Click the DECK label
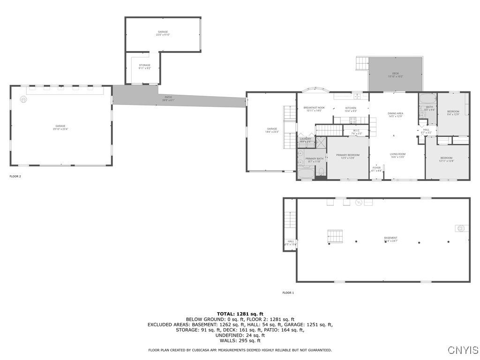coord(395,74)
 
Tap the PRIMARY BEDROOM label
coord(347,155)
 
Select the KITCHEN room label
coord(351,108)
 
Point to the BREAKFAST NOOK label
coord(314,107)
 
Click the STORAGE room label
coord(144,65)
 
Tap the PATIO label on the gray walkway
coord(168,97)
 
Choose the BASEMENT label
coord(390,238)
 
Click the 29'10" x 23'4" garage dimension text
coord(60,129)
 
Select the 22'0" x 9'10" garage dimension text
coord(163,35)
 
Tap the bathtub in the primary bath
coord(306,174)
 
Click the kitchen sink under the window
coord(357,97)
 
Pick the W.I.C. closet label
coord(357,130)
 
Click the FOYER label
coord(376,167)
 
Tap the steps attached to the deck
coord(362,63)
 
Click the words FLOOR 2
coord(15,177)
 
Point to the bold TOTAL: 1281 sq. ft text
coord(240,314)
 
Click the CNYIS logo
coord(463,350)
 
